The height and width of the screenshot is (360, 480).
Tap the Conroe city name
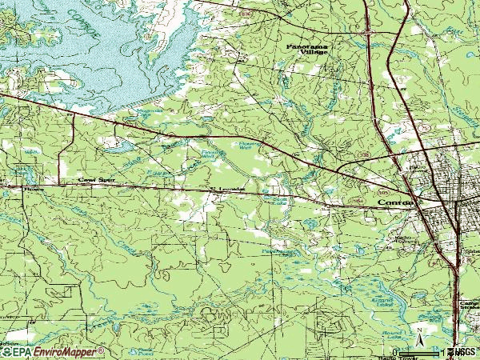pyautogui.click(x=394, y=204)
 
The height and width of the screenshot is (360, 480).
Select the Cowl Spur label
pyautogui.click(x=93, y=182)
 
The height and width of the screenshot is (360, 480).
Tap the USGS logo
pyautogui.click(x=465, y=352)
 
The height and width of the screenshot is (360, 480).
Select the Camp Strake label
pyautogui.click(x=469, y=309)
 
